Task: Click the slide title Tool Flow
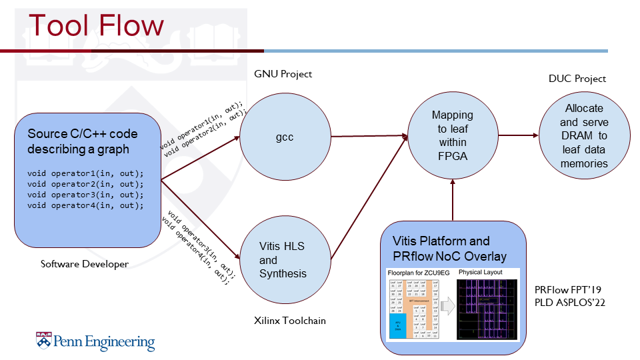tap(96, 26)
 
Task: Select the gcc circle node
tap(285, 137)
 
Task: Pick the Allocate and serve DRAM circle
tap(584, 135)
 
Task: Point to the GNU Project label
tap(283, 74)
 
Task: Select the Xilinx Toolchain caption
tap(291, 321)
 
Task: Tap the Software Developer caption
tap(85, 264)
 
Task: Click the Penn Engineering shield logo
tap(43, 341)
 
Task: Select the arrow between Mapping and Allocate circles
tap(517, 135)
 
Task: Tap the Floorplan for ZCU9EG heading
tap(413, 273)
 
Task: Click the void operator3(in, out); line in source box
tap(85, 195)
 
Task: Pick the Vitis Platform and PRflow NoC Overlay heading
tap(449, 248)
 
